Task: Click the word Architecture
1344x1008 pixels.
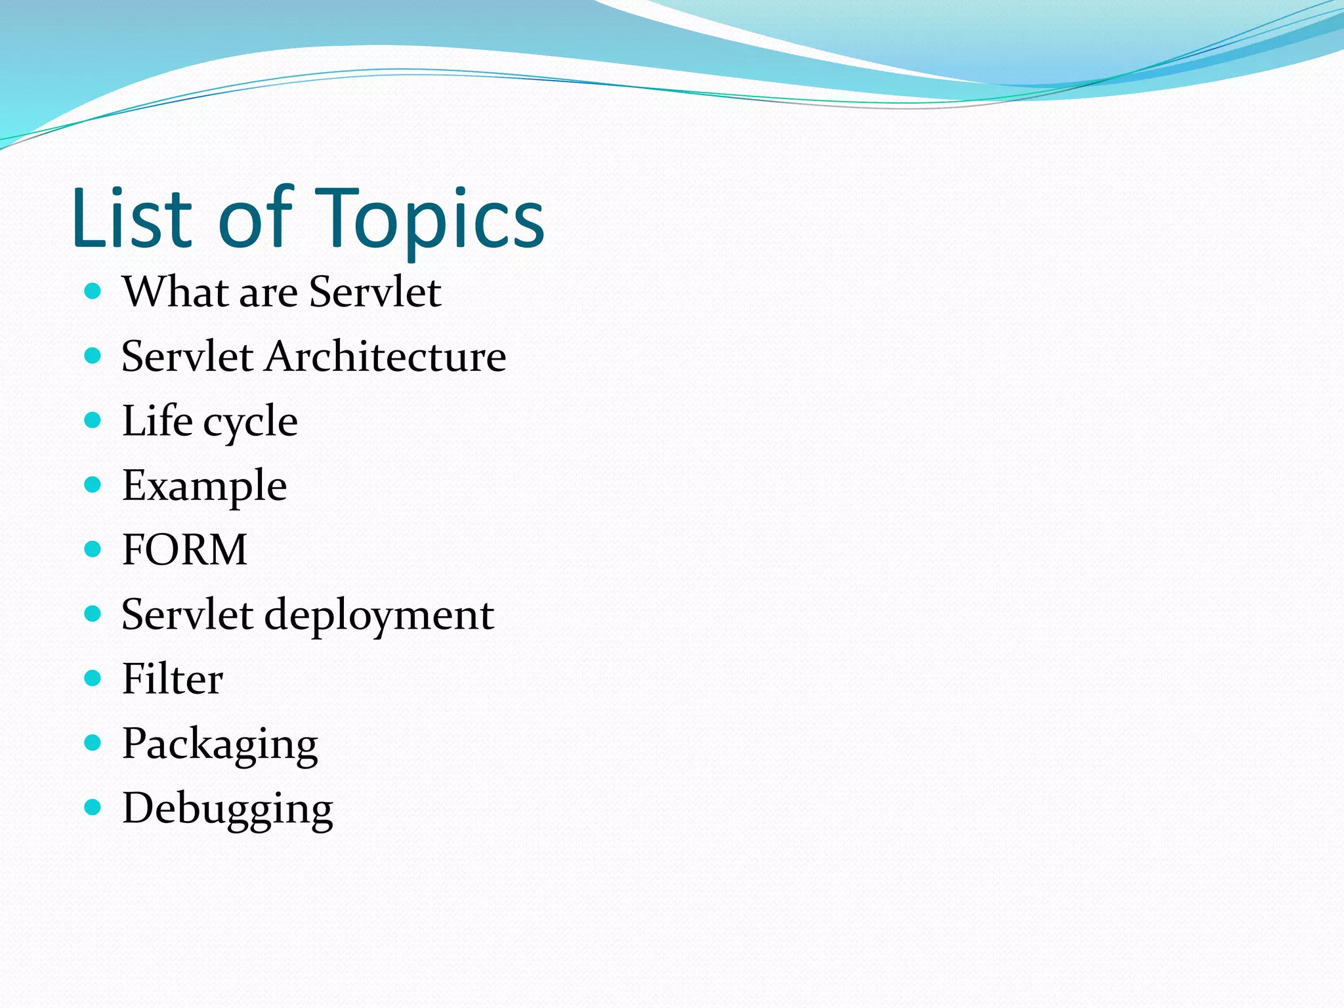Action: click(385, 356)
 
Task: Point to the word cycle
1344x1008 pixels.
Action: click(250, 422)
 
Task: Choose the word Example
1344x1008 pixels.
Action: click(204, 486)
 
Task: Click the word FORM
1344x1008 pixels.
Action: click(184, 549)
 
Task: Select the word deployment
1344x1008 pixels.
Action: click(379, 616)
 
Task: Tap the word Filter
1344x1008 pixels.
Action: click(173, 679)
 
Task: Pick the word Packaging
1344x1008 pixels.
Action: click(220, 744)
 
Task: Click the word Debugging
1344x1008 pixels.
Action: click(228, 808)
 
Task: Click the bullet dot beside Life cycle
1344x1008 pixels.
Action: click(93, 420)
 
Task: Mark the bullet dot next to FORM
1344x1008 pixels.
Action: click(93, 549)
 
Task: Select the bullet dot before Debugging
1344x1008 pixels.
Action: click(93, 807)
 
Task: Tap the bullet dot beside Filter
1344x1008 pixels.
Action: click(93, 678)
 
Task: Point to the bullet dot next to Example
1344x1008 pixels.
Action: click(93, 485)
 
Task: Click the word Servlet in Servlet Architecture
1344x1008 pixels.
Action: click(187, 356)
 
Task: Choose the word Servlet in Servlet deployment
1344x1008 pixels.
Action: click(187, 615)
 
